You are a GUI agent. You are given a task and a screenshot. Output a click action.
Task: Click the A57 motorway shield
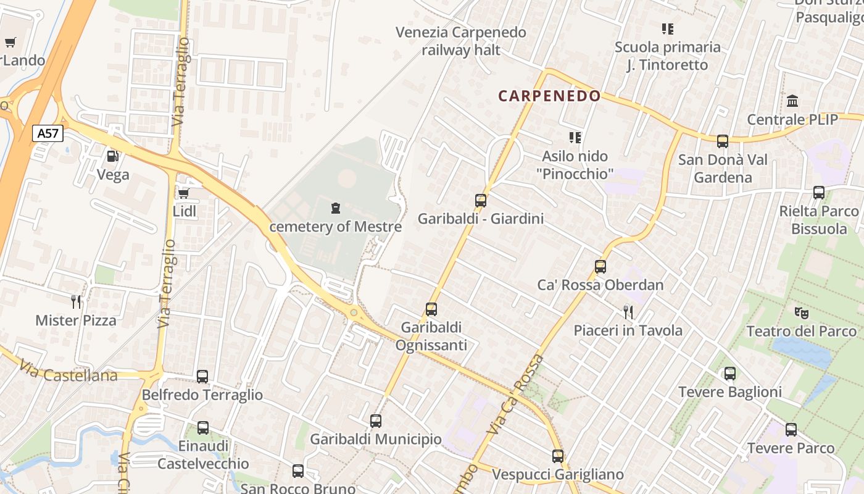point(48,133)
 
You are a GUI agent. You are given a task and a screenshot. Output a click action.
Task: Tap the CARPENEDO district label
point(549,96)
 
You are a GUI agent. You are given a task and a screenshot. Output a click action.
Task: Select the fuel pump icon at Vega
point(112,156)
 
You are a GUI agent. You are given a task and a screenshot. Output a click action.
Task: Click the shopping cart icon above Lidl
point(183,193)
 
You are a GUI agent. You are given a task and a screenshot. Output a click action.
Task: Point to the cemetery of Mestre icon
point(335,208)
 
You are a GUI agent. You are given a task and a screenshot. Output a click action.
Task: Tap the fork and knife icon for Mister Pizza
point(75,301)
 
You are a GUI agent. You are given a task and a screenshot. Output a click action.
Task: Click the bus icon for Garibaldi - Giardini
point(481,200)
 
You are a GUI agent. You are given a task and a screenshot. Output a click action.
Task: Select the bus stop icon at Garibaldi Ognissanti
point(431,309)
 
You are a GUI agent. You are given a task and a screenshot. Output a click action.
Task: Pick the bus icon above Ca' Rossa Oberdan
point(600,267)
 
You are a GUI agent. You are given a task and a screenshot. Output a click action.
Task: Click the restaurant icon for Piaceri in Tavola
point(628,312)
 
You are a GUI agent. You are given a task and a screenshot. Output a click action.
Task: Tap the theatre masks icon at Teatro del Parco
point(802,312)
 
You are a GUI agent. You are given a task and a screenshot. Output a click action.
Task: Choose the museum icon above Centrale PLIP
point(792,101)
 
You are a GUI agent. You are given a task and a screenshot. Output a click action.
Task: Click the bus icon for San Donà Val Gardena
point(723,141)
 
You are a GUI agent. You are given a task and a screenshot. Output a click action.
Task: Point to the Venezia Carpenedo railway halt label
point(461,41)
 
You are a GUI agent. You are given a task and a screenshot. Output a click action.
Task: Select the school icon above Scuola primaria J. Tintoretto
point(667,28)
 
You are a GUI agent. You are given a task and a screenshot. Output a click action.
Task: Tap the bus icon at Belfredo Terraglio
point(202,376)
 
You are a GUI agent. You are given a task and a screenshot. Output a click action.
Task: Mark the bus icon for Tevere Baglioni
point(730,373)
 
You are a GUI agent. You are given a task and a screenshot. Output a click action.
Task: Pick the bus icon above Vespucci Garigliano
point(558,456)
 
